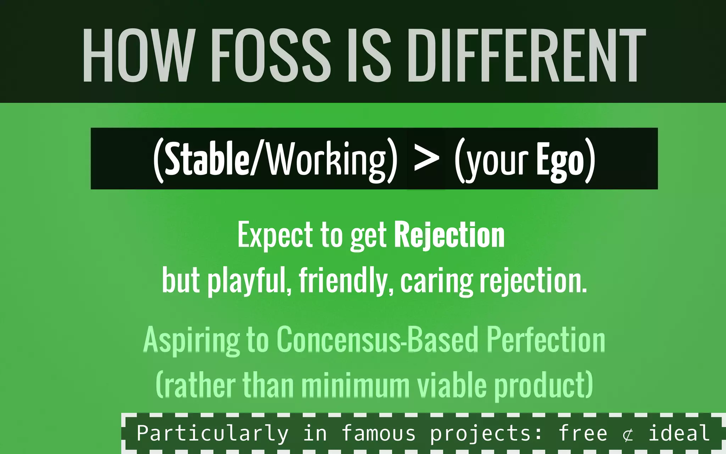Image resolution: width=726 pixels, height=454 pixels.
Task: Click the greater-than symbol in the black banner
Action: (426, 159)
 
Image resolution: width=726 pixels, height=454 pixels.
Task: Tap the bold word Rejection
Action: (449, 235)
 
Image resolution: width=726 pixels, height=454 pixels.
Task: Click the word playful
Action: (250, 281)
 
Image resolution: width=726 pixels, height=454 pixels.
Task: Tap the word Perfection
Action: (546, 340)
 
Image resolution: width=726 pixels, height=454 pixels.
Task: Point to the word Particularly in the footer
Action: (213, 433)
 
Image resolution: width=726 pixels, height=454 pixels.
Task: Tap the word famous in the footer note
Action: (378, 433)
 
